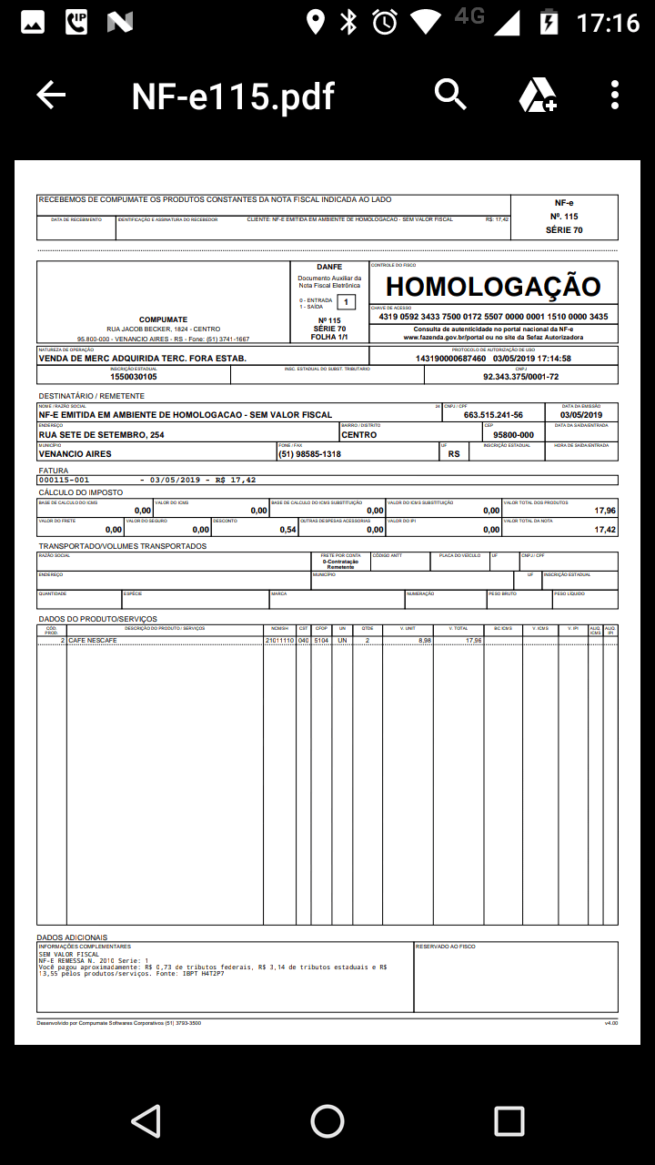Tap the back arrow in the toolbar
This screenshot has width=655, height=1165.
[51, 95]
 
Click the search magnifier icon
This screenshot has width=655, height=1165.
[450, 94]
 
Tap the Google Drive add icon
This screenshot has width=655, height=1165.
[537, 95]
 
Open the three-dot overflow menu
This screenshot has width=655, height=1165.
[616, 95]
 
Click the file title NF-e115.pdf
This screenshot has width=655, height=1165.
[233, 96]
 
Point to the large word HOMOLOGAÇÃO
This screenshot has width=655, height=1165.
[493, 287]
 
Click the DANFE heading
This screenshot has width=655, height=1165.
[329, 267]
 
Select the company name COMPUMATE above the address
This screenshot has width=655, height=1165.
[164, 319]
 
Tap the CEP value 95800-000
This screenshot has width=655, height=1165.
[513, 435]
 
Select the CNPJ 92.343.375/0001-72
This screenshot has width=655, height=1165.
[520, 377]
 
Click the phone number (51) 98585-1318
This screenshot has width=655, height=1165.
[309, 454]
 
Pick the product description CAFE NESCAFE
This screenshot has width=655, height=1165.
[93, 641]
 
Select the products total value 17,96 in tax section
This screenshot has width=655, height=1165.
[604, 511]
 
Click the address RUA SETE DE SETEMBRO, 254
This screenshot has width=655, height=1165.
[102, 435]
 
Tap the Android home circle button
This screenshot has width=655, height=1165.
[327, 1121]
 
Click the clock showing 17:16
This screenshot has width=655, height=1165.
[608, 22]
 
